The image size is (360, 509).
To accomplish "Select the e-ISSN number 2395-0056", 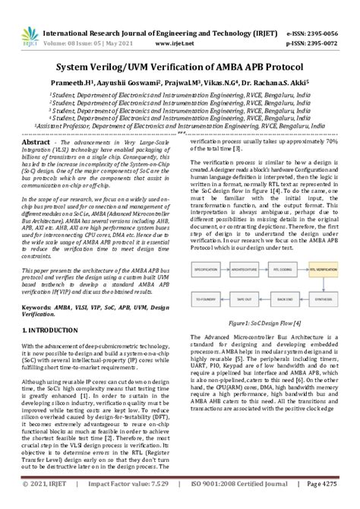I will click(327, 12).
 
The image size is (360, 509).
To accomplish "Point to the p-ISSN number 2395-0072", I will click(327, 24).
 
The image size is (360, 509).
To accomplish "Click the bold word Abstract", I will click(36, 143).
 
